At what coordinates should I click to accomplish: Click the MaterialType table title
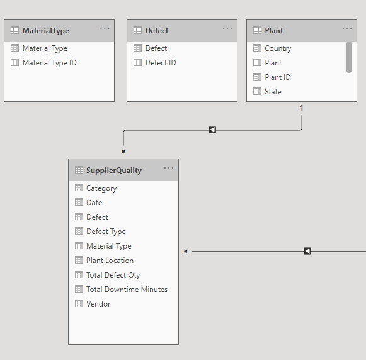pyautogui.click(x=46, y=31)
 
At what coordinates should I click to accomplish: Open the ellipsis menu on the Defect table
pyautogui.click(x=227, y=28)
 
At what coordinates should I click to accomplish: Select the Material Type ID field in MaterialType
pyautogui.click(x=50, y=63)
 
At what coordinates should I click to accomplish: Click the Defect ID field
pyautogui.click(x=161, y=63)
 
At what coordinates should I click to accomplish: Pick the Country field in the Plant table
pyautogui.click(x=278, y=48)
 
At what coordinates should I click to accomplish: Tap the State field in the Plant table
pyautogui.click(x=273, y=92)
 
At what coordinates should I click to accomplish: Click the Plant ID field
pyautogui.click(x=278, y=77)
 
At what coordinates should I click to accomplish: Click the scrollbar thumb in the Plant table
pyautogui.click(x=349, y=57)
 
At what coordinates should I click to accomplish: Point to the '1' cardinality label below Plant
pyautogui.click(x=302, y=108)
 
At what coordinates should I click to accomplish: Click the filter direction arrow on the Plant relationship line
pyautogui.click(x=212, y=130)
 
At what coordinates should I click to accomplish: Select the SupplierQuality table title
pyautogui.click(x=114, y=171)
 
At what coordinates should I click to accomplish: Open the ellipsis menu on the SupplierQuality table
pyautogui.click(x=169, y=168)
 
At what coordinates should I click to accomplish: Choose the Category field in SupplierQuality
pyautogui.click(x=101, y=188)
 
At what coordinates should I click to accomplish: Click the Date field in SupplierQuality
pyautogui.click(x=94, y=203)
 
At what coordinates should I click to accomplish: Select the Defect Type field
pyautogui.click(x=106, y=232)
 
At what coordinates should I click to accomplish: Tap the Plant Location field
pyautogui.click(x=110, y=261)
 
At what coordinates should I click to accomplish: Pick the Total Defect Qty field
pyautogui.click(x=113, y=275)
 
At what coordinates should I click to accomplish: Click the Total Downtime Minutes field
pyautogui.click(x=127, y=290)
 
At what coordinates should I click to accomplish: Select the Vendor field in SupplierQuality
pyautogui.click(x=98, y=304)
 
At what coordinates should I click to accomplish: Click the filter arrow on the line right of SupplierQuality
pyautogui.click(x=307, y=251)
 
